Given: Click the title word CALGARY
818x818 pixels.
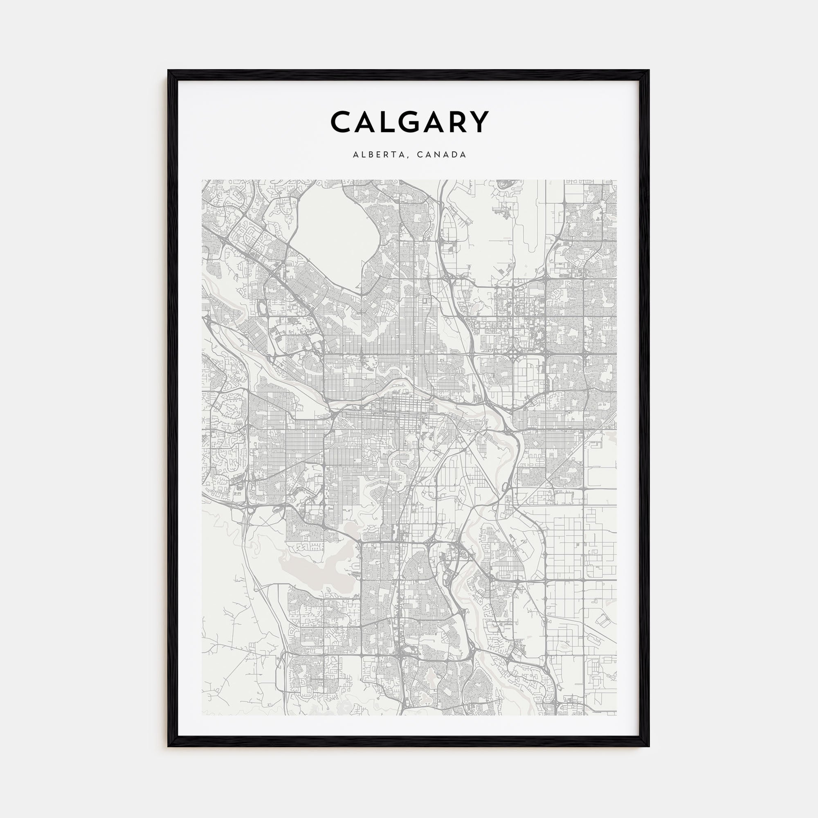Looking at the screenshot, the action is (409, 122).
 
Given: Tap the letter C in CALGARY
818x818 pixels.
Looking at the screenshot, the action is (342, 122).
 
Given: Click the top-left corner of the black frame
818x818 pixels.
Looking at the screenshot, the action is (169, 71).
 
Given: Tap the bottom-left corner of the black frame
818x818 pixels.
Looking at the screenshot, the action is (169, 746).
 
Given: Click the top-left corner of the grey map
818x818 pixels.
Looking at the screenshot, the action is (202, 180).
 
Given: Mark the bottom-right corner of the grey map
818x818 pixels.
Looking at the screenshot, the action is (616, 715).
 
